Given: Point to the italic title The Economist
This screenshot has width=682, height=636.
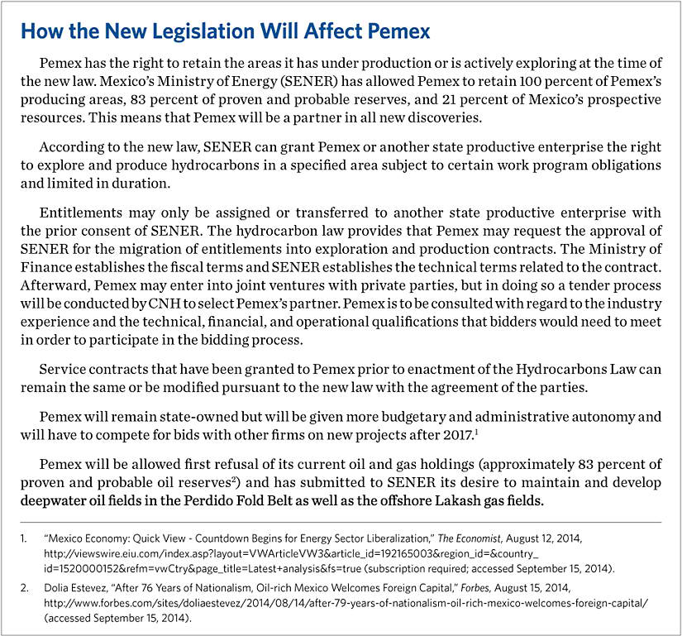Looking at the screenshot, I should (479, 537).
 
